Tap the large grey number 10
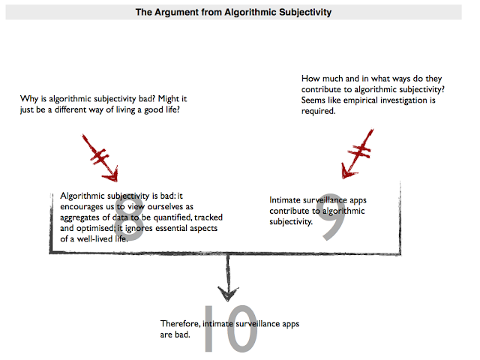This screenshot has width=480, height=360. pos(229,328)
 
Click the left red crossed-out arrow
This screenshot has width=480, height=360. pos(103,157)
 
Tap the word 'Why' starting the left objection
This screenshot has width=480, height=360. pos(30,99)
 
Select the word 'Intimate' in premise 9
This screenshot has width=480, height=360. pos(286,200)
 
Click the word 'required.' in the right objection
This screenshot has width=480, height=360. pos(318,111)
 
